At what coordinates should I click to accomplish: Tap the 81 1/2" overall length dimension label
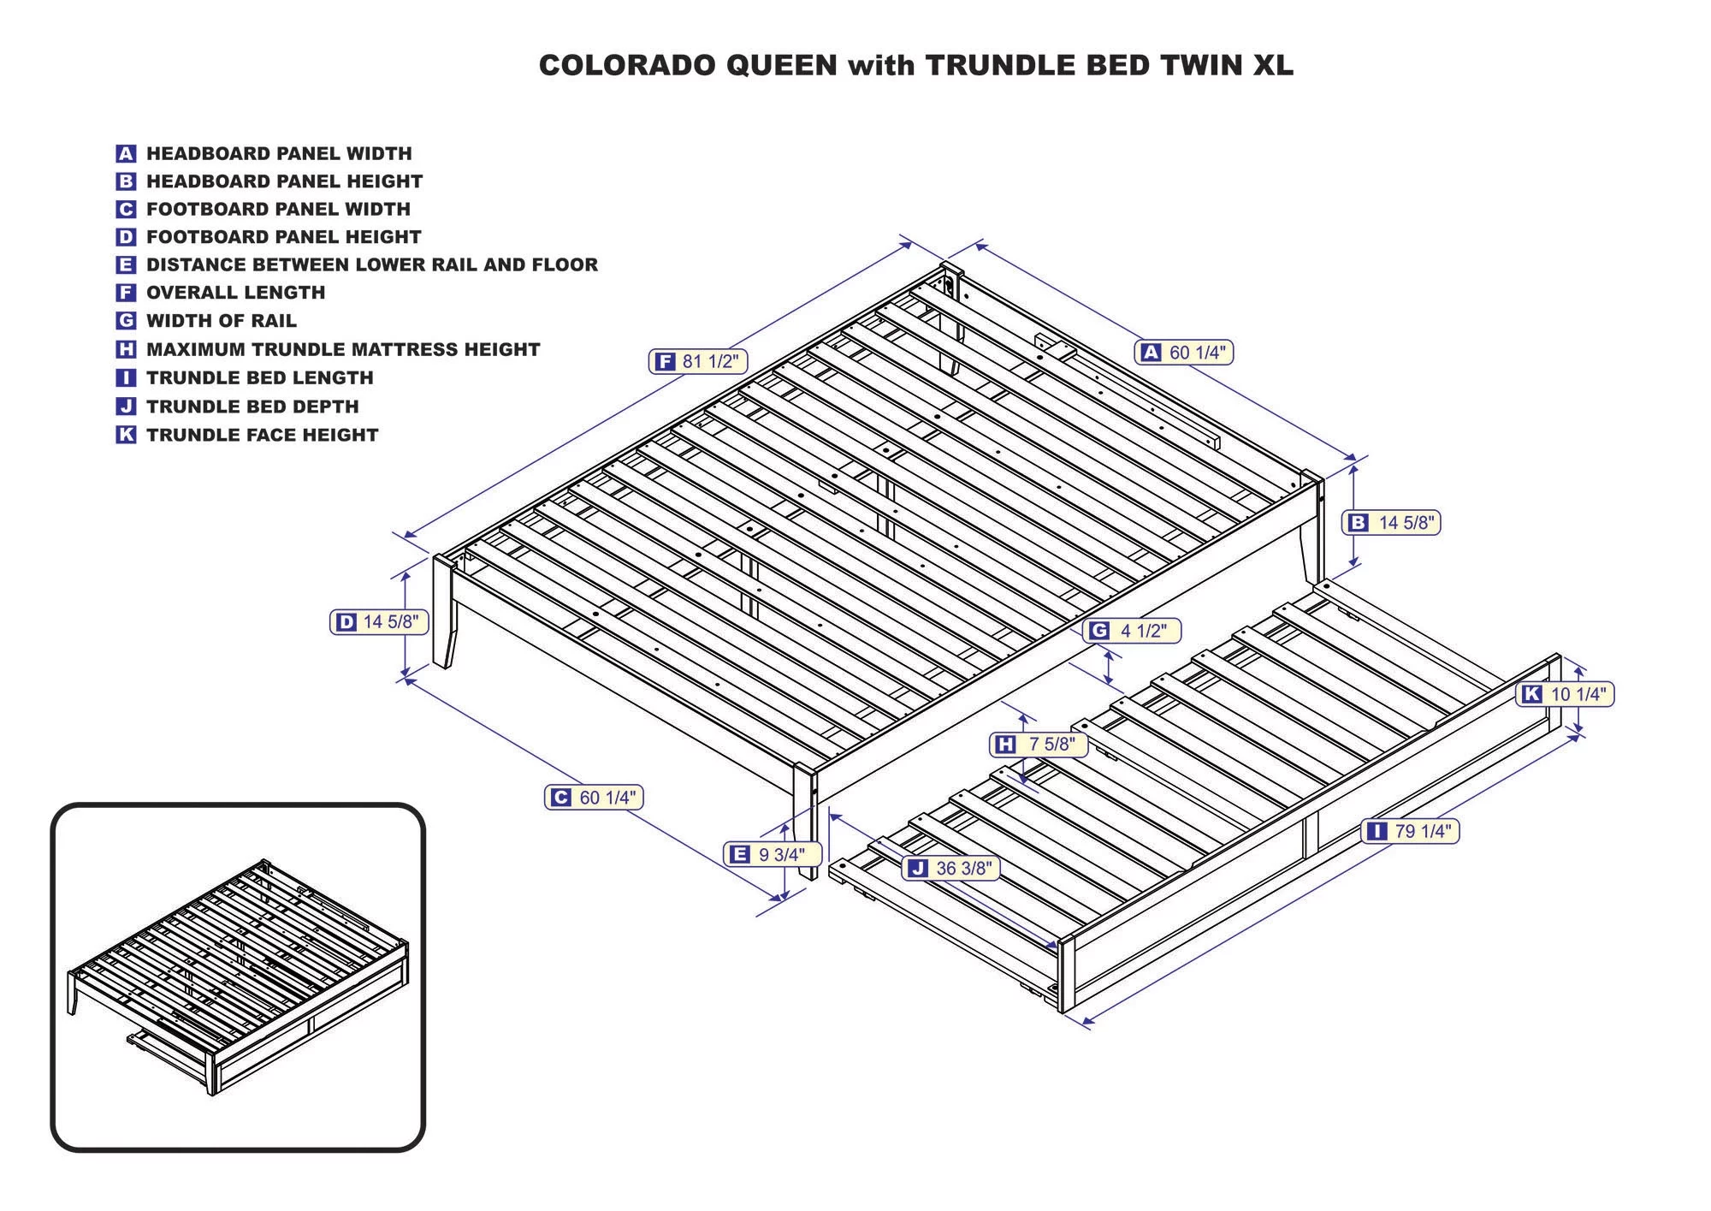point(698,361)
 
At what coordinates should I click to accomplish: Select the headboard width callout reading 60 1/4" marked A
point(1184,352)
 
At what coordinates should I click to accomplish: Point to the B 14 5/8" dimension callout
point(1392,522)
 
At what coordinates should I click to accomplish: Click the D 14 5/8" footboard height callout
point(378,622)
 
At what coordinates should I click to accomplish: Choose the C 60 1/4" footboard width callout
point(594,798)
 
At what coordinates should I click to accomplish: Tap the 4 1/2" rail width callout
point(1131,631)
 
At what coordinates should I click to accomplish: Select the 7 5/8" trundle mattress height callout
point(1039,745)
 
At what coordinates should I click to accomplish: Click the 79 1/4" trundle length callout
point(1411,831)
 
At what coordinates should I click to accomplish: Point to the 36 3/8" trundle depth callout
point(950,868)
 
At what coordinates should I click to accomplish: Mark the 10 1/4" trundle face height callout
point(1565,694)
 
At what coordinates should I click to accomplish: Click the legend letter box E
point(126,264)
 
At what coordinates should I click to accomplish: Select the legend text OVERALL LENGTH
point(235,293)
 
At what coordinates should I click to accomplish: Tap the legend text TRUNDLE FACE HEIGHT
point(262,435)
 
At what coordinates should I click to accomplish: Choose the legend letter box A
point(126,154)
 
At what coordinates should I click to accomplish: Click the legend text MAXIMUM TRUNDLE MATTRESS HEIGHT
point(343,349)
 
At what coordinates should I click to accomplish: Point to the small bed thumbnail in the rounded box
point(238,977)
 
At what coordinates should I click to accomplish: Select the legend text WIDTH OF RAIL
point(221,321)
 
